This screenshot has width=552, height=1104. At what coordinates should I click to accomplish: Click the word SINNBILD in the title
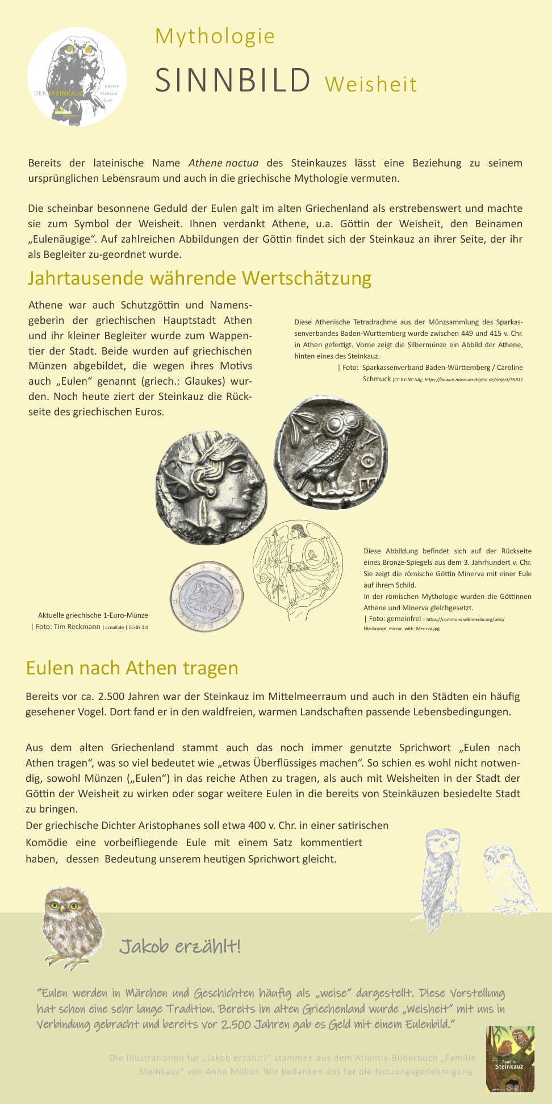[233, 80]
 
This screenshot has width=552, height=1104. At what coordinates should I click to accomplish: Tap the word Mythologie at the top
[215, 36]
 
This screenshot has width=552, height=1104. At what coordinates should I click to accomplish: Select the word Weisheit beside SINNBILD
[371, 85]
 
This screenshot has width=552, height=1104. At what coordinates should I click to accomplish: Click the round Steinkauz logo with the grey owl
[77, 77]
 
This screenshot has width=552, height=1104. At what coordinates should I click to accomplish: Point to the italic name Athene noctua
[223, 163]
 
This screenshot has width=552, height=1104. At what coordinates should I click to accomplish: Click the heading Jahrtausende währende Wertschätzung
[199, 278]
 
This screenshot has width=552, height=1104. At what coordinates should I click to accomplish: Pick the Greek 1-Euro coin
[206, 597]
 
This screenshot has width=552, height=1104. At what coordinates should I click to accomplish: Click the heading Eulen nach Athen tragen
[132, 668]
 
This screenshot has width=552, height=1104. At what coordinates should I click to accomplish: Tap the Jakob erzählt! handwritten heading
[180, 947]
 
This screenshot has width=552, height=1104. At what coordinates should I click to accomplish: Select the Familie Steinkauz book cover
[510, 1059]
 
